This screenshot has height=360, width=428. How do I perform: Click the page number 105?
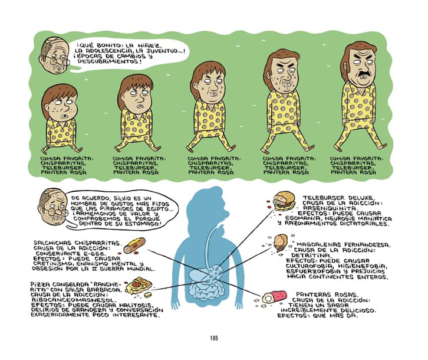[214, 338]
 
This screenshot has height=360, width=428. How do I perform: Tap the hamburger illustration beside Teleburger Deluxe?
[284, 201]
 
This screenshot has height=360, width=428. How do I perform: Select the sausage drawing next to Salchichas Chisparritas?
[134, 246]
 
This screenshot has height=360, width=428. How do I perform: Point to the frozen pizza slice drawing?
[138, 286]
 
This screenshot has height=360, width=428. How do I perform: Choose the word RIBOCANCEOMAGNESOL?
[70, 300]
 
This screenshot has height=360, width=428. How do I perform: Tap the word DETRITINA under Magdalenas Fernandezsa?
[310, 256]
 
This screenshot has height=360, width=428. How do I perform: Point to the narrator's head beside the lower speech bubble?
[53, 207]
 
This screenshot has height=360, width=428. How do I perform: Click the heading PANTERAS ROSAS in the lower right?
[326, 294]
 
